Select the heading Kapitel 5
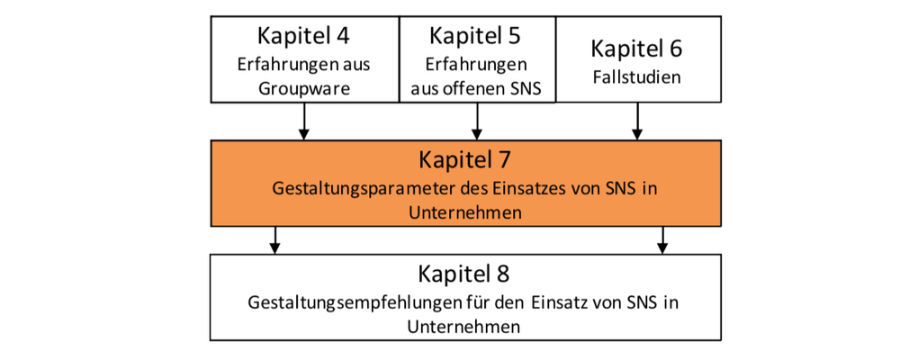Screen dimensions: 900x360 (474, 36)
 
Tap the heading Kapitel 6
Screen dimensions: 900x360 (636, 49)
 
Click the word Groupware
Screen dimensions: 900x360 (304, 88)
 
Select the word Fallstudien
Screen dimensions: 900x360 (636, 76)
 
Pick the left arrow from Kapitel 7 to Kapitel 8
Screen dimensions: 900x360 (274, 240)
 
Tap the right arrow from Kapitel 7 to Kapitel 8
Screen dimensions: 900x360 (663, 240)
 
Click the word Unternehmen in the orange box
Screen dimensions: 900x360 (465, 211)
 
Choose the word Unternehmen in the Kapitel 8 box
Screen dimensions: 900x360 (464, 326)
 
